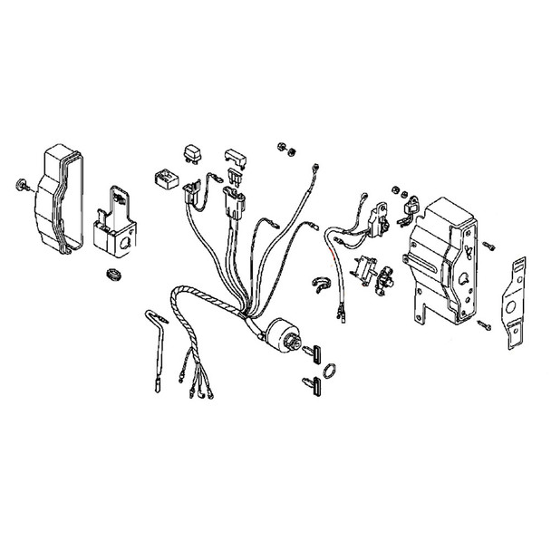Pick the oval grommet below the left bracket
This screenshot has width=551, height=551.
pyautogui.click(x=112, y=272)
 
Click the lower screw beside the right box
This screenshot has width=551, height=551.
pyautogui.click(x=488, y=327)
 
